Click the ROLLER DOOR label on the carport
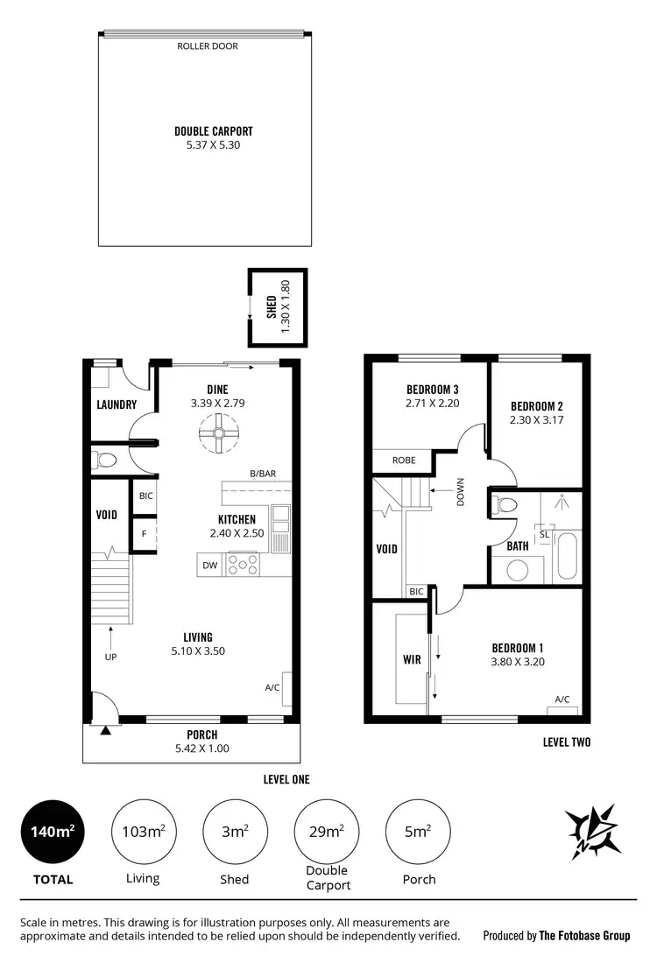(208, 46)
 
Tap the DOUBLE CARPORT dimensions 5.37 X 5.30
(208, 145)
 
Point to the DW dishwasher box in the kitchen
(210, 566)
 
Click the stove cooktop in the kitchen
(243, 565)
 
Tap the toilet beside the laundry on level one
(107, 460)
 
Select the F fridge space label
(144, 532)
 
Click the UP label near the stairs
(110, 656)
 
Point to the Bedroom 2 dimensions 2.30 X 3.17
(535, 420)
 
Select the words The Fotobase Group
(584, 936)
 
